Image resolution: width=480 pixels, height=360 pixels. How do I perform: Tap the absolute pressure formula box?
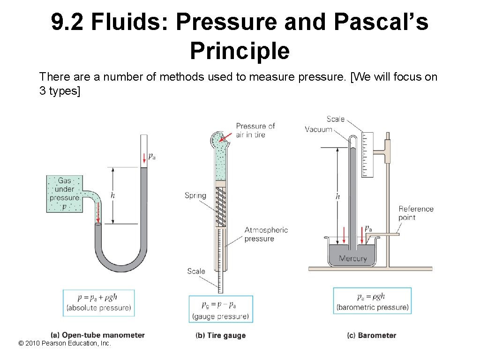(99, 303)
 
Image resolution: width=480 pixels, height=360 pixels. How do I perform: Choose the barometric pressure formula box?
(372, 301)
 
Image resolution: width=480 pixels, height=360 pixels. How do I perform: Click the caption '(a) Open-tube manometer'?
(97, 335)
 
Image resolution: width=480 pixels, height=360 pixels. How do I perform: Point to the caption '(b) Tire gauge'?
(220, 336)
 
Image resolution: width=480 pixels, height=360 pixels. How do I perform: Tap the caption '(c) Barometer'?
(371, 336)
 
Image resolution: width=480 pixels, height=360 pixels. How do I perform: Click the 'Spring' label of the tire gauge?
(195, 195)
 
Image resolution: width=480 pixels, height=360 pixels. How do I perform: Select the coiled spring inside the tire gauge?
(220, 207)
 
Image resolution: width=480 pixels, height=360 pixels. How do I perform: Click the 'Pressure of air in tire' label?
(255, 130)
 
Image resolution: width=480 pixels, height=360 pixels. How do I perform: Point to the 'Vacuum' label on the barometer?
(318, 129)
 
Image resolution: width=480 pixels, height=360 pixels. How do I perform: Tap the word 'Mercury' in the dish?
(352, 258)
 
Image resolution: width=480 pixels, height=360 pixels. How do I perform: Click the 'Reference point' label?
(416, 213)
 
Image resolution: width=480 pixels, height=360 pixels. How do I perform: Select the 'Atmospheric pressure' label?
(266, 234)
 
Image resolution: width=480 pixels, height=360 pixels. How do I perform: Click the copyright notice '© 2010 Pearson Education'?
(64, 344)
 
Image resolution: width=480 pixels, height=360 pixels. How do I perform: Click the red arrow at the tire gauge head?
(225, 136)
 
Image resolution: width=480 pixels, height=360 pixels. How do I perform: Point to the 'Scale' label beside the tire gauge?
(196, 271)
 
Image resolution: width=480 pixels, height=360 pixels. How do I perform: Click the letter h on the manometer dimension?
(112, 195)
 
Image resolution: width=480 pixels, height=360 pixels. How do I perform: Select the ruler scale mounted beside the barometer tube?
(367, 155)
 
